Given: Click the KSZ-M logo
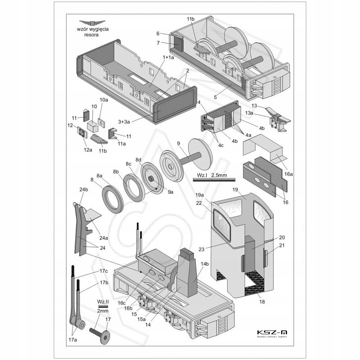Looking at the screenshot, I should point(272,333).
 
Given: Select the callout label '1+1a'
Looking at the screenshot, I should point(168,58).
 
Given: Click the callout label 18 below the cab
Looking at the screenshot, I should point(262,303).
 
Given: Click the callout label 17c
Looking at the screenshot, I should point(103,270).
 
